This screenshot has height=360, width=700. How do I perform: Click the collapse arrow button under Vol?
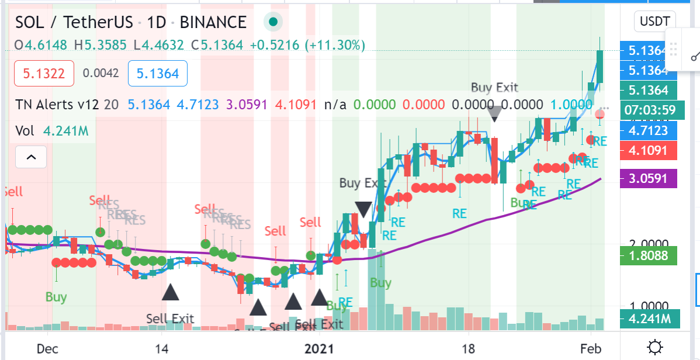point(32,157)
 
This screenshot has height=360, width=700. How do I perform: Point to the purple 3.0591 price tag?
point(648,178)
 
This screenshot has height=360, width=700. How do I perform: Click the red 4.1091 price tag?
point(648,150)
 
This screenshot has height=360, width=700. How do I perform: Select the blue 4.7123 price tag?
point(648,129)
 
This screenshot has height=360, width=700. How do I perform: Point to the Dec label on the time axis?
point(47,349)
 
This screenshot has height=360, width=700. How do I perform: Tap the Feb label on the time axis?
point(591,349)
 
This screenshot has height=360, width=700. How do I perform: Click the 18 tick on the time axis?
point(468,349)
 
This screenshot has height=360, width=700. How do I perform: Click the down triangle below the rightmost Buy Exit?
point(494,113)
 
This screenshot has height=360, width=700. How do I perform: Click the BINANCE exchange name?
point(213,22)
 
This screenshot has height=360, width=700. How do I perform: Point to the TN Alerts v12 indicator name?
point(56,105)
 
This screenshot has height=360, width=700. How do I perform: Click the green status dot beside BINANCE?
point(273,22)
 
